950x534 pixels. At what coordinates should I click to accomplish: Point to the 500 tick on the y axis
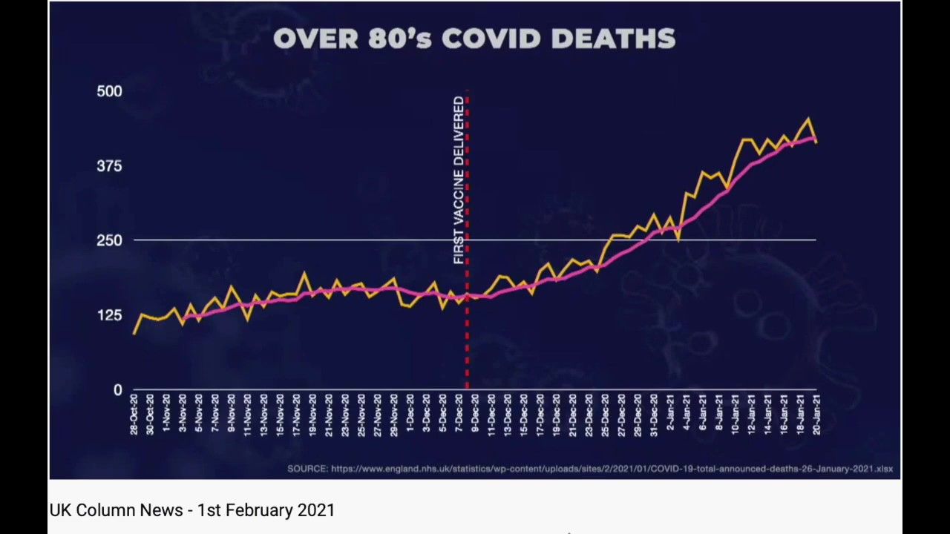pyautogui.click(x=109, y=91)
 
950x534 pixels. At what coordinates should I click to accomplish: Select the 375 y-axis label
pyautogui.click(x=109, y=166)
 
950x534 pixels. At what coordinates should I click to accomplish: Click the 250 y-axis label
pyautogui.click(x=109, y=240)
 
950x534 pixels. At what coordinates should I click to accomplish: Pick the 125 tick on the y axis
pyautogui.click(x=109, y=315)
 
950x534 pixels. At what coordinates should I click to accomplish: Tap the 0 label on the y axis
pyautogui.click(x=117, y=390)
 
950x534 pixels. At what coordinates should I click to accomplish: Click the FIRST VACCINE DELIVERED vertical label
pyautogui.click(x=459, y=180)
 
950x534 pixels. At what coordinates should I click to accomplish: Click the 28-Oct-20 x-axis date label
pyautogui.click(x=134, y=414)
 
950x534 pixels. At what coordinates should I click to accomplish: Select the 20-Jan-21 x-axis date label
pyautogui.click(x=816, y=414)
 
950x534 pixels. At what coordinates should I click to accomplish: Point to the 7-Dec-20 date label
pyautogui.click(x=459, y=414)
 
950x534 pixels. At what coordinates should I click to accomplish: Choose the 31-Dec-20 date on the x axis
pyautogui.click(x=654, y=414)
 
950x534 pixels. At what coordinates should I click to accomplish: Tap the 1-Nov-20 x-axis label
pyautogui.click(x=167, y=414)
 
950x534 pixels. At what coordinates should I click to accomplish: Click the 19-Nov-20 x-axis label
pyautogui.click(x=313, y=414)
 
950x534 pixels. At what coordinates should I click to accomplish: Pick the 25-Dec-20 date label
pyautogui.click(x=606, y=414)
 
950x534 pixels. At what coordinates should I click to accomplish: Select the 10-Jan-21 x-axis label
pyautogui.click(x=736, y=414)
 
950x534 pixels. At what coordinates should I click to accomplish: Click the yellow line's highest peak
pyautogui.click(x=808, y=119)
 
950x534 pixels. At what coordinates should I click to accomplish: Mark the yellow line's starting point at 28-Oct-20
pyautogui.click(x=134, y=333)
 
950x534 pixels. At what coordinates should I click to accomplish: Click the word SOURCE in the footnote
pyautogui.click(x=307, y=469)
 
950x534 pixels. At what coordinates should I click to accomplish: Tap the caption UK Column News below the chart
pyautogui.click(x=116, y=510)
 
